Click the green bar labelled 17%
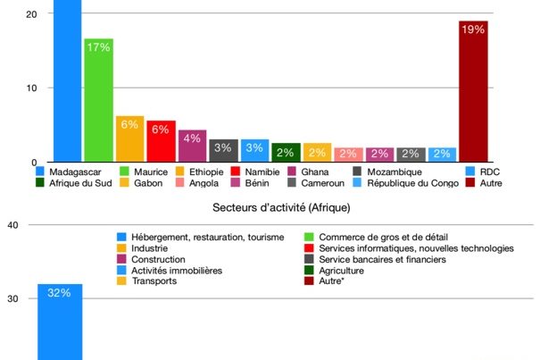click(x=98, y=100)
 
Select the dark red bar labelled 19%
click(x=473, y=91)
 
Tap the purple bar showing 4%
click(x=192, y=146)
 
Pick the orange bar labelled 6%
click(x=129, y=138)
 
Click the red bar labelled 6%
click(x=161, y=141)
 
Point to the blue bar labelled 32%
click(x=60, y=322)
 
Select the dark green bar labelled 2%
click(x=286, y=153)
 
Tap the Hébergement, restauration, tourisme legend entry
click(x=200, y=237)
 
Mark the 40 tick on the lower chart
click(x=12, y=225)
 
